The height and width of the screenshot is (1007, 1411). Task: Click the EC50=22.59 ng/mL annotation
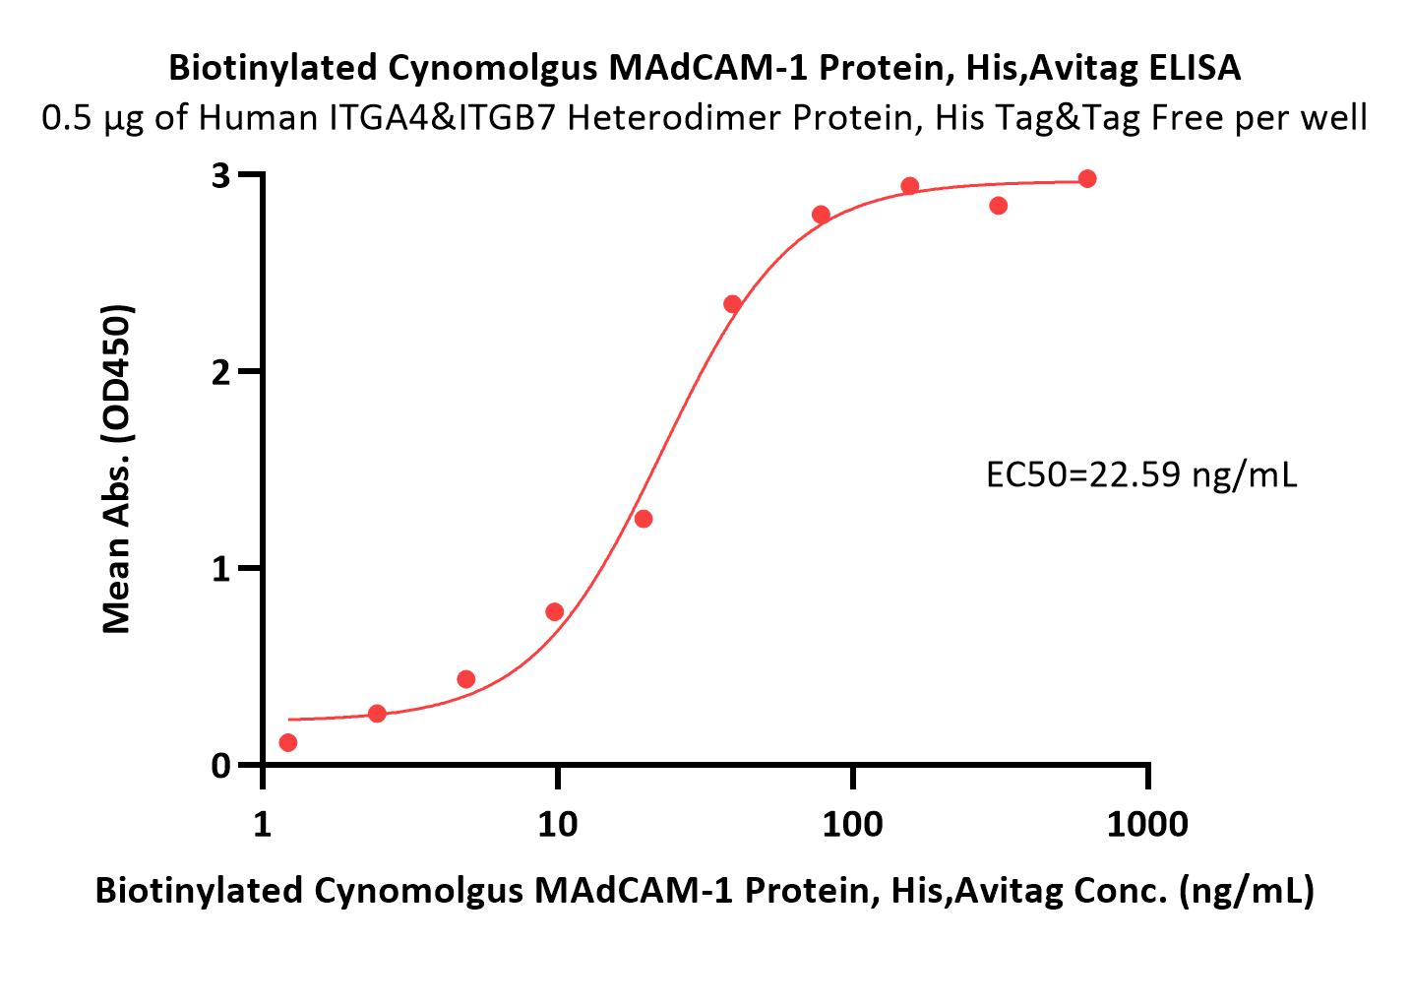[x=1141, y=475]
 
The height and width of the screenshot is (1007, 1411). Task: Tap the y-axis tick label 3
[x=220, y=175]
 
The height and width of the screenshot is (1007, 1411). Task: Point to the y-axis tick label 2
[x=220, y=373]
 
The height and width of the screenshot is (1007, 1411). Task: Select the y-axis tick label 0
[x=220, y=766]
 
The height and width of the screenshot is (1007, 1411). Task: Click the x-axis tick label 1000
[x=1147, y=824]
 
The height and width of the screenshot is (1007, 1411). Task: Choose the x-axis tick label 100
[x=852, y=824]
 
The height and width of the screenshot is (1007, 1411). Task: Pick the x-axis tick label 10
[x=558, y=824]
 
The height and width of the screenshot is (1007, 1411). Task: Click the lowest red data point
[x=288, y=742]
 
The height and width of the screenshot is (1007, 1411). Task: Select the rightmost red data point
[x=1087, y=179]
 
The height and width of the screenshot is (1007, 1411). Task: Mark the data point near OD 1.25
[x=644, y=520]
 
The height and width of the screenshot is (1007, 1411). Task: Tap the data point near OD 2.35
[x=732, y=304]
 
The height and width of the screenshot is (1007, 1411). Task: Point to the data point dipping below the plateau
[x=999, y=206]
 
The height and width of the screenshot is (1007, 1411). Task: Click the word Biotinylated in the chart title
[x=273, y=69]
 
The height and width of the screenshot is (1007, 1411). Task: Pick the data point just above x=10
[x=554, y=612]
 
